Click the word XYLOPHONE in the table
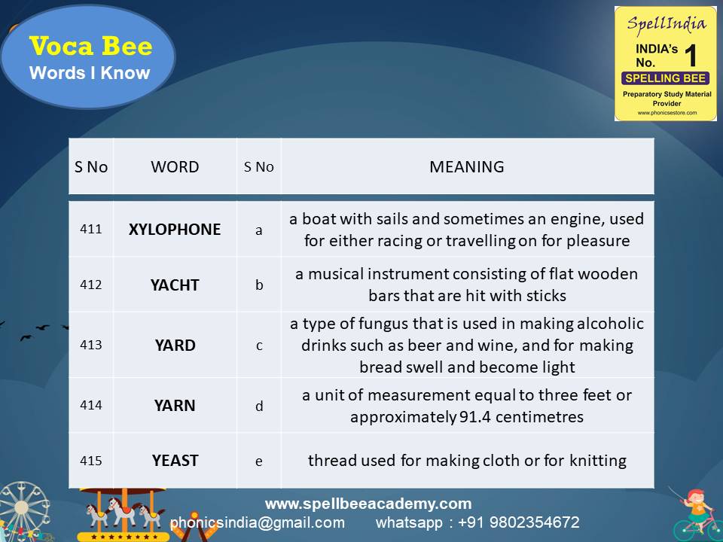pos(175,230)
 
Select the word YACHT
pos(175,285)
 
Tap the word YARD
pos(175,346)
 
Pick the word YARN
pos(175,406)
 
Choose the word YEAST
pos(175,460)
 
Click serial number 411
pos(91,230)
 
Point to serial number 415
pos(91,460)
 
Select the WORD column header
pos(175,167)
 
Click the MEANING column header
pos(467,167)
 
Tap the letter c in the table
pos(259,346)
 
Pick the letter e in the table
pos(259,461)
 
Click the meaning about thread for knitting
pos(467,460)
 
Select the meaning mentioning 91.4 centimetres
pos(467,406)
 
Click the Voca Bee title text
pos(90,47)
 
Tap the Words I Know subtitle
pos(90,73)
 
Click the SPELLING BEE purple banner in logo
pos(666,78)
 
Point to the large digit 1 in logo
pos(692,56)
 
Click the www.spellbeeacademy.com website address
pos(368,504)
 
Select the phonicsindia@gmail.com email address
pos(258,522)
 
